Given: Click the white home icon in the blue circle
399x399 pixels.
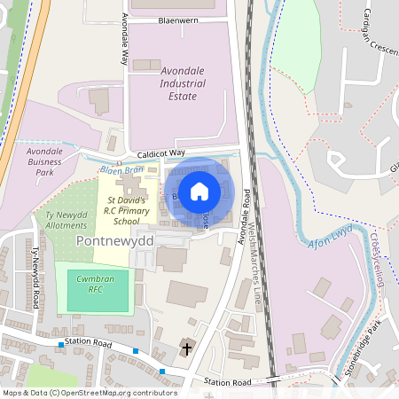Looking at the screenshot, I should [199, 191].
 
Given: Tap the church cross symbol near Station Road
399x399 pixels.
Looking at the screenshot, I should [187, 347].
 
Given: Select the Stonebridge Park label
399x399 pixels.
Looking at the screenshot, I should [372, 347].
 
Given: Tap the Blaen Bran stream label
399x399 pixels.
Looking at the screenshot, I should [121, 169].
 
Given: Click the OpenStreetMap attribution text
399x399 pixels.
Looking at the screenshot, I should [90, 393].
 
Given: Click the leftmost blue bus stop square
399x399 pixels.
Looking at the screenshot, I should [61, 344].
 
